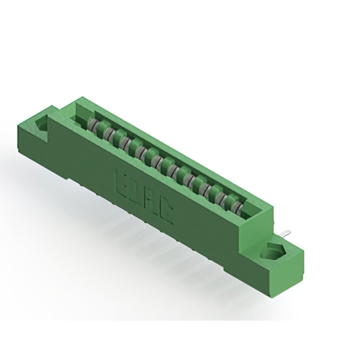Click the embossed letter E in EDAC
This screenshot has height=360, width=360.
coord(121,179)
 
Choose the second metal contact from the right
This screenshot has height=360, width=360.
coord(227,202)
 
